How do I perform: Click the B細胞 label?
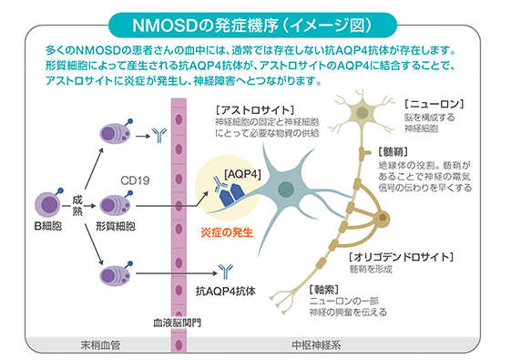pyautogui.click(x=49, y=224)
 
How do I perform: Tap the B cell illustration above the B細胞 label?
pyautogui.click(x=48, y=202)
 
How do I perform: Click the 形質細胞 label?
pyautogui.click(x=116, y=224)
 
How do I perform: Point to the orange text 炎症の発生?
pyautogui.click(x=227, y=231)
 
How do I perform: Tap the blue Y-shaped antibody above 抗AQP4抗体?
pyautogui.click(x=224, y=270)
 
